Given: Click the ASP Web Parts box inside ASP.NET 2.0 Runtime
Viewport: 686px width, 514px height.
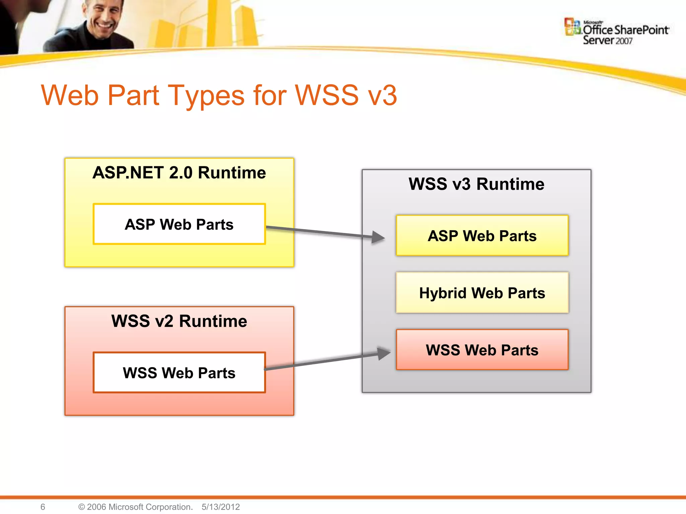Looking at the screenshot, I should coord(179,224).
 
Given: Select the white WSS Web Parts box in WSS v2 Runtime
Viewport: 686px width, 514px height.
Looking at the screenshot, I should coord(179,372).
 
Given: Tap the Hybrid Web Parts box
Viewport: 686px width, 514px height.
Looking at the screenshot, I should coord(482,293).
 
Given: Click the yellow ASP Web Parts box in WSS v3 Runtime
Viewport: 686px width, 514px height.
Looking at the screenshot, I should coord(482,236).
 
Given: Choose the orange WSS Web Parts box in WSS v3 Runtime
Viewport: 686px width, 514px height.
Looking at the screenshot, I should coord(482,350).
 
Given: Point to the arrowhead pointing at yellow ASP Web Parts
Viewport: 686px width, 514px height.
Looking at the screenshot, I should coord(378,237).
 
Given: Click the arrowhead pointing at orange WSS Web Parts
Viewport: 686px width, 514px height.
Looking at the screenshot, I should coord(383,353).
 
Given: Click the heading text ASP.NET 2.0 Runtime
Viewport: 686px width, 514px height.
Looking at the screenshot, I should coord(179,173).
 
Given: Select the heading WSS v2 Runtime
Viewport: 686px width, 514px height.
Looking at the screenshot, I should coord(179,321).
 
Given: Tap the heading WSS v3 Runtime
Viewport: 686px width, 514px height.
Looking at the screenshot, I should coord(476,184).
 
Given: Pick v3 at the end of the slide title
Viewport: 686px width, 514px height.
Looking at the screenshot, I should coord(382,96).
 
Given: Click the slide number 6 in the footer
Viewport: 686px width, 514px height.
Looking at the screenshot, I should coord(43,507).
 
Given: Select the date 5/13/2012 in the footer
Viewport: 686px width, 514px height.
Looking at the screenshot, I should coord(221,507).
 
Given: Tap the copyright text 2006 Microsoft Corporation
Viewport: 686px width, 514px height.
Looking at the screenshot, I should coord(136,507).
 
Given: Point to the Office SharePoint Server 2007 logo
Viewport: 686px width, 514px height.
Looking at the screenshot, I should coord(616,32).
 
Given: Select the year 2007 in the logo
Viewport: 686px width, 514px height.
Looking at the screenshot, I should coord(624,41).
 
